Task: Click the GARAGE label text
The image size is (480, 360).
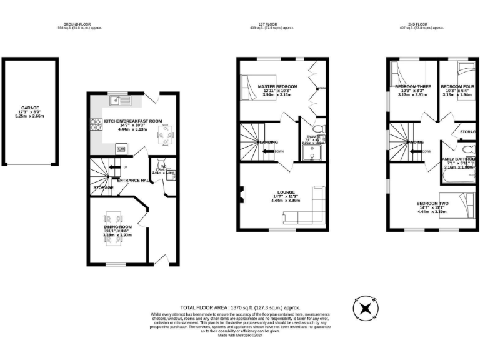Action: click(30, 107)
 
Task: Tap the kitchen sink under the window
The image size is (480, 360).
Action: click(116, 99)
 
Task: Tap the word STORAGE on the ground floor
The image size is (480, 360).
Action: click(104, 187)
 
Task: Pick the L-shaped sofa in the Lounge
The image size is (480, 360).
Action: click(310, 209)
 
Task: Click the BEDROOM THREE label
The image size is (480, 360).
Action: click(411, 86)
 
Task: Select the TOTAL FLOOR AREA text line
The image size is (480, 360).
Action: click(240, 307)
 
